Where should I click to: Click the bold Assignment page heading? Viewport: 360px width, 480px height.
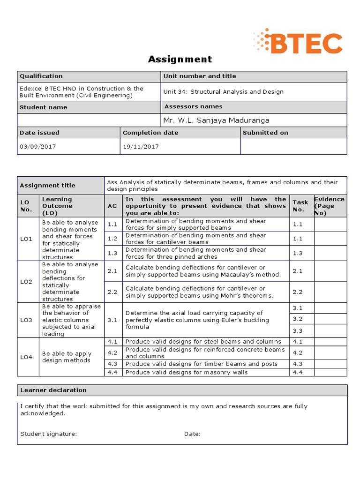[x=180, y=59]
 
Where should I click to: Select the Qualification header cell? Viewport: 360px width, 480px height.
[x=41, y=76]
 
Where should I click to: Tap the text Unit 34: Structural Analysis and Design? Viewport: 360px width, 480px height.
[x=223, y=92]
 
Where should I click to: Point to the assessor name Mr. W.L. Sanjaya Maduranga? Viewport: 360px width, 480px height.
[x=216, y=120]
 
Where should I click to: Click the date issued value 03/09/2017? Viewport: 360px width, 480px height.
[x=37, y=146]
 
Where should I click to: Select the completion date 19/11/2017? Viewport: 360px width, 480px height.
[x=141, y=146]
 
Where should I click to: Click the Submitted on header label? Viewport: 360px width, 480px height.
[x=265, y=133]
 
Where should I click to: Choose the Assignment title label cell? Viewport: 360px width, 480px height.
[x=47, y=186]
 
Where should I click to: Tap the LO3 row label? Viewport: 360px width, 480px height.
[x=26, y=320]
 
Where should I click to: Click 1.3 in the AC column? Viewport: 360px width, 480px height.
[x=112, y=253]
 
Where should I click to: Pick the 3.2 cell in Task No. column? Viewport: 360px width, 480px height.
[x=298, y=319]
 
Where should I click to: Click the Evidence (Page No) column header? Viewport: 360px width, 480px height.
[x=329, y=206]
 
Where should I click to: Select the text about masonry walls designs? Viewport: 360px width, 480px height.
[x=187, y=372]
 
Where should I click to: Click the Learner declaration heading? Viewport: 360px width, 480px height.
[x=53, y=390]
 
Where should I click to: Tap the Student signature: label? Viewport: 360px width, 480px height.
[x=49, y=434]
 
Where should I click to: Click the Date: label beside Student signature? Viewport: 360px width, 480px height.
[x=192, y=434]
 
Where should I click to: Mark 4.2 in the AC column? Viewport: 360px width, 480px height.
[x=112, y=352]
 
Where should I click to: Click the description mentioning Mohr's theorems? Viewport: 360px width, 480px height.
[x=199, y=292]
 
